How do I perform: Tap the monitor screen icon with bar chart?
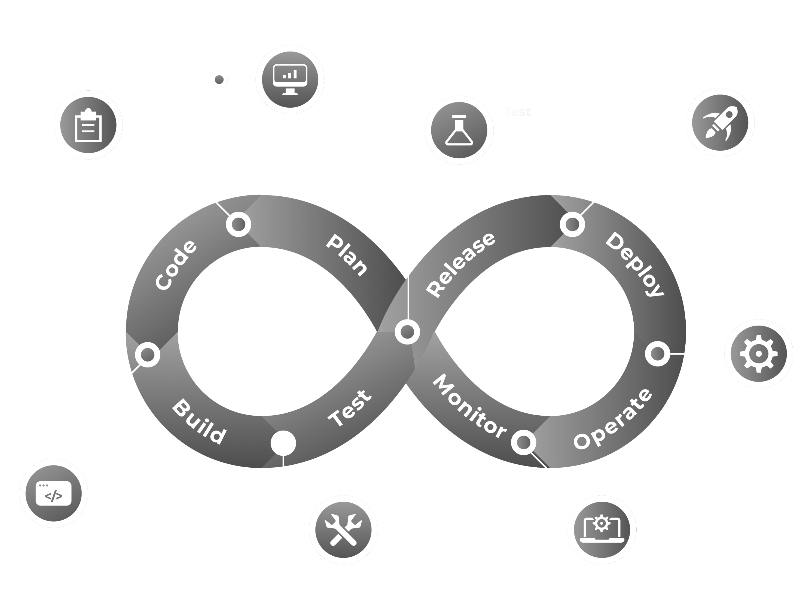click(290, 79)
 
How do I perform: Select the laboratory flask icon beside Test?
click(459, 130)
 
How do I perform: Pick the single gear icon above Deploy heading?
click(758, 354)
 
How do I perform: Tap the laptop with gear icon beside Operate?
click(602, 530)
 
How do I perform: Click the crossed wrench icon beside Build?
click(343, 529)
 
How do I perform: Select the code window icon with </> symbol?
click(54, 493)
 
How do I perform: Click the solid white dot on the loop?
click(283, 443)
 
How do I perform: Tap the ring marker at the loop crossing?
click(407, 331)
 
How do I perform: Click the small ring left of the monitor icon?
click(219, 79)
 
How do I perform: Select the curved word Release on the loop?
click(461, 264)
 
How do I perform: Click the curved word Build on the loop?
click(199, 422)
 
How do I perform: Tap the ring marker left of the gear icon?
click(657, 354)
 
